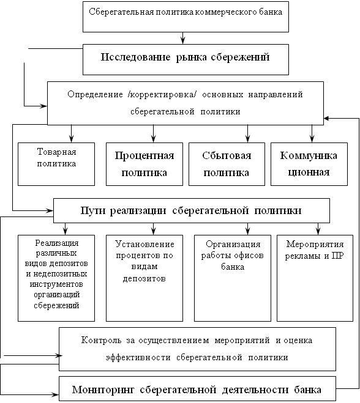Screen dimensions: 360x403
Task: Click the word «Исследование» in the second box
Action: [135, 57]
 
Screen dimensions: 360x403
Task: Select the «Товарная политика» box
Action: [56, 165]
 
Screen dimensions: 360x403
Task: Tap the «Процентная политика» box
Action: [144, 165]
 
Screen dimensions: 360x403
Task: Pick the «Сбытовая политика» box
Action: [227, 165]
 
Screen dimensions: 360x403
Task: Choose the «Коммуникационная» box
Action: [309, 165]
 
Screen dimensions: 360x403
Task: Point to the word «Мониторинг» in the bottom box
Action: [103, 390]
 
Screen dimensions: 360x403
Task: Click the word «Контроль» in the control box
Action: [102, 340]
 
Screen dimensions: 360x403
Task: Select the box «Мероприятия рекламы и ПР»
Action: [315, 278]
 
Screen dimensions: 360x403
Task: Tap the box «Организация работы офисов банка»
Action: [233, 278]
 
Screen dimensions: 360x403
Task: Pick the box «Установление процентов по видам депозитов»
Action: [144, 278]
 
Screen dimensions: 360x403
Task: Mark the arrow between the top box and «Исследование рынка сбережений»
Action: [182, 38]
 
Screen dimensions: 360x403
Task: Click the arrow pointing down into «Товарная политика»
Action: [71, 134]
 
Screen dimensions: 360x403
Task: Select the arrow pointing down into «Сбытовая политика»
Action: [247, 134]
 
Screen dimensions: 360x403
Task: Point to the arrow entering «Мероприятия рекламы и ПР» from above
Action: [318, 229]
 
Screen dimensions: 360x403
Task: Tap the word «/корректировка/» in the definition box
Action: [162, 94]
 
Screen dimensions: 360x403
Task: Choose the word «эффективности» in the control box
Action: [138, 357]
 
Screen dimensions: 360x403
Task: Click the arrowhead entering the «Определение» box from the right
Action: [326, 119]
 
